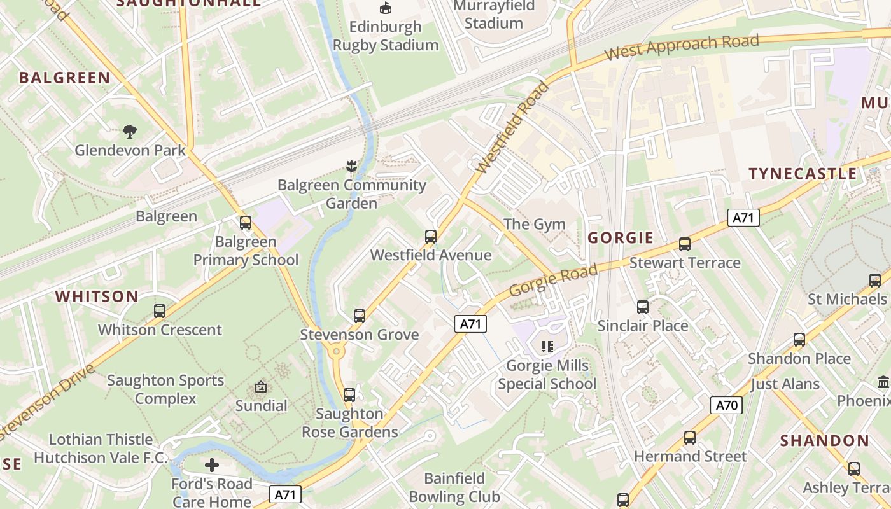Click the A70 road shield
[x=726, y=405]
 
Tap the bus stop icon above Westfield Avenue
[x=431, y=237]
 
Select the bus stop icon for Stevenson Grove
[x=360, y=316]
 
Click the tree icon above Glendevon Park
[x=130, y=132]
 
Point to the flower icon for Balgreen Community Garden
[x=351, y=167]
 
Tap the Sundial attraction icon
[x=261, y=387]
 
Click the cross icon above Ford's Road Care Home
[x=212, y=465]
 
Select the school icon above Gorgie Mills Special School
[x=547, y=347]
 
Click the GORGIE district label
[x=621, y=238]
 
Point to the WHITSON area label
[x=97, y=296]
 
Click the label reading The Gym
[x=535, y=224]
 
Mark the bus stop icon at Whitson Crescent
[x=160, y=311]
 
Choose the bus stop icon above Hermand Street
[x=690, y=438]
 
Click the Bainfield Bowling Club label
[x=454, y=487]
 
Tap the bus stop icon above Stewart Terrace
[x=685, y=244]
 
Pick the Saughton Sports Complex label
[x=165, y=389]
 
